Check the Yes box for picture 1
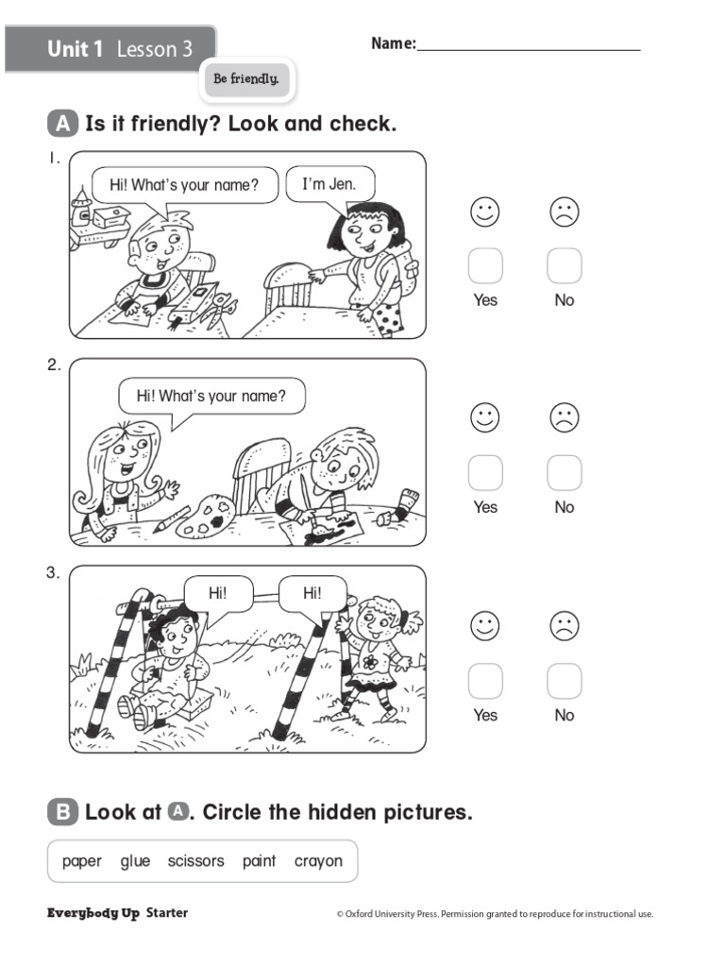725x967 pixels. pyautogui.click(x=485, y=266)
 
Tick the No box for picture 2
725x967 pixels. pyautogui.click(x=565, y=473)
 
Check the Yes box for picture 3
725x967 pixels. pyautogui.click(x=485, y=681)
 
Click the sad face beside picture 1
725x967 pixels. pyautogui.click(x=565, y=212)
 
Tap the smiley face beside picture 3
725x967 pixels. pyautogui.click(x=485, y=626)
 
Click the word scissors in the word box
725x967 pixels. pyautogui.click(x=196, y=861)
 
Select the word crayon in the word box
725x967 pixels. pyautogui.click(x=318, y=861)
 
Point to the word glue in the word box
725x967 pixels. pyautogui.click(x=135, y=861)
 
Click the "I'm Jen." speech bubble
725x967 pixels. pyautogui.click(x=329, y=184)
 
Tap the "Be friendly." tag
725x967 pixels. pyautogui.click(x=246, y=80)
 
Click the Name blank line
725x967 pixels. pyautogui.click(x=529, y=47)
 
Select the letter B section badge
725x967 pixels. pyautogui.click(x=61, y=812)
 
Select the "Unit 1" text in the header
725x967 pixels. pyautogui.click(x=76, y=49)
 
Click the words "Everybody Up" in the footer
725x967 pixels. pyautogui.click(x=93, y=913)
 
